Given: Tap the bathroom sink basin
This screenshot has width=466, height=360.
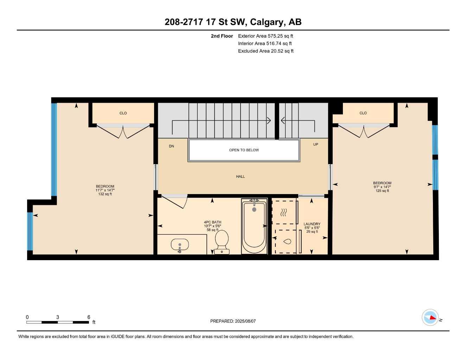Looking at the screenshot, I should (x=179, y=244).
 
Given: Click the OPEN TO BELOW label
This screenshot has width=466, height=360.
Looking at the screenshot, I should (x=244, y=150).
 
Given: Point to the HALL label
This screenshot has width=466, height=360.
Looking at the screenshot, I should (x=241, y=176).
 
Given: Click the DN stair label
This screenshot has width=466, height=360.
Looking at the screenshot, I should (x=171, y=146).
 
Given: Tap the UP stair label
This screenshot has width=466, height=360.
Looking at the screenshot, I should (x=315, y=144).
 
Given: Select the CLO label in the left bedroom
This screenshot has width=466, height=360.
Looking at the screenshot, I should (x=123, y=113).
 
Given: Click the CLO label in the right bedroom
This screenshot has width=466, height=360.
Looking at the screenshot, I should (x=363, y=113).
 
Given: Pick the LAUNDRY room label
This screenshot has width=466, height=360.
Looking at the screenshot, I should (x=312, y=224).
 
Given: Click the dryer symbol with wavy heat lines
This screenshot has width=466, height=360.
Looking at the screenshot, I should (x=284, y=212).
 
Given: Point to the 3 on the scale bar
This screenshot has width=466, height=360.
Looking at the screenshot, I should (x=58, y=317).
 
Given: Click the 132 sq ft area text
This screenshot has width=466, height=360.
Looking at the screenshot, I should (x=105, y=194).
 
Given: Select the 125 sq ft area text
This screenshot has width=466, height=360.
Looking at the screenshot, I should (x=382, y=191).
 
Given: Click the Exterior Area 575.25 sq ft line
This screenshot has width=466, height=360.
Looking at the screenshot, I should (x=266, y=36).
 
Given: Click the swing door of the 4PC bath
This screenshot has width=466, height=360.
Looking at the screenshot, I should (x=174, y=201).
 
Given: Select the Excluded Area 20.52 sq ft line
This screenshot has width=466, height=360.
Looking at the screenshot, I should (x=266, y=51).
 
